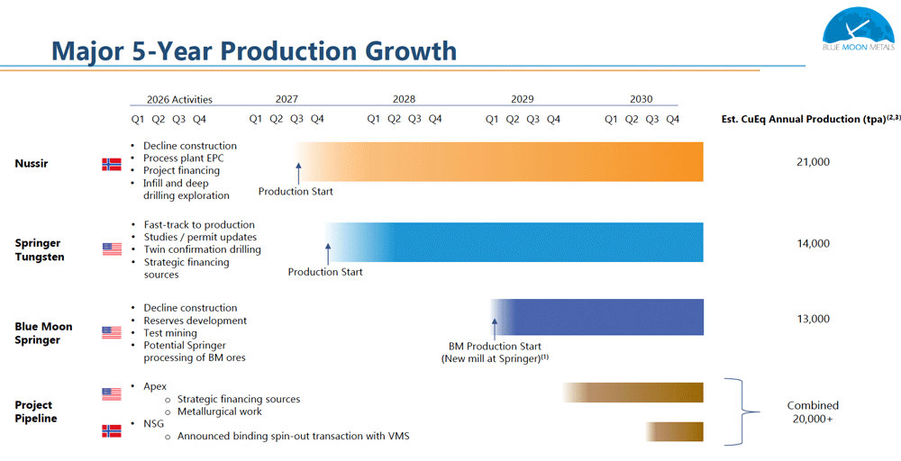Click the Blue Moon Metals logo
(x=859, y=29)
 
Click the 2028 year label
(x=404, y=99)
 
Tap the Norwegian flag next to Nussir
(x=112, y=164)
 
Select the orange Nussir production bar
(x=499, y=162)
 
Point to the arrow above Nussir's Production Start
(x=298, y=173)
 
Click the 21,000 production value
(x=813, y=162)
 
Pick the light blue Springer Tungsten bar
(x=514, y=242)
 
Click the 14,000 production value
(x=813, y=243)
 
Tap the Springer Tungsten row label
(x=40, y=249)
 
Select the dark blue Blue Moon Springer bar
(x=596, y=317)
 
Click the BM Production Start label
(x=495, y=346)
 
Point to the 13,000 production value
(x=813, y=320)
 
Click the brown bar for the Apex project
(x=633, y=393)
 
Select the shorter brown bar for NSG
(x=674, y=431)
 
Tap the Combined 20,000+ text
(x=813, y=412)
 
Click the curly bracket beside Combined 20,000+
(x=742, y=411)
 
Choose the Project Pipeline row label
(x=36, y=411)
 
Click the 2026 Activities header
(x=179, y=99)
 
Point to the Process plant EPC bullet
(x=183, y=158)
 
